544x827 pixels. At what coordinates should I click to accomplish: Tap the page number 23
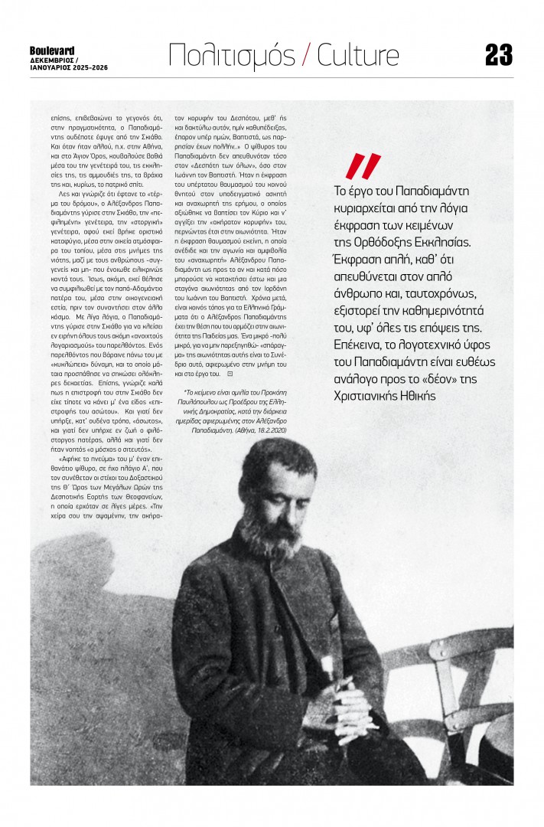pos(498,55)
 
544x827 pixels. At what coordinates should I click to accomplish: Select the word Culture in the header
pos(358,56)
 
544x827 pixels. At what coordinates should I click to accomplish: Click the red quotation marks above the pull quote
pos(362,166)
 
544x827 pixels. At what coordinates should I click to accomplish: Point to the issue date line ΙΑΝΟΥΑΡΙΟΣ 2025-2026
pos(67,67)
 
